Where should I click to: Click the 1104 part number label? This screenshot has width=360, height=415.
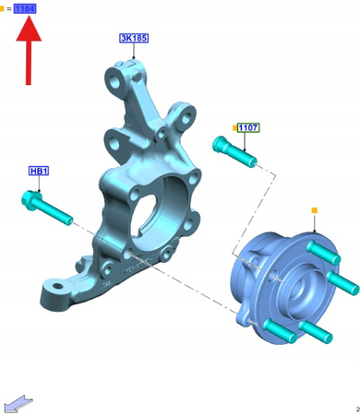point(25,8)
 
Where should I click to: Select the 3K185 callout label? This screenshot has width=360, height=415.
point(134,38)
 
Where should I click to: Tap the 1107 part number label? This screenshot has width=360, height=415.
point(248,127)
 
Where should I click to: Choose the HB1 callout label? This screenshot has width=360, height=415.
point(39,171)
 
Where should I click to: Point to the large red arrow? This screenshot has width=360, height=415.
point(29,50)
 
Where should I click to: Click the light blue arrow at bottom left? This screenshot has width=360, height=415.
point(18,403)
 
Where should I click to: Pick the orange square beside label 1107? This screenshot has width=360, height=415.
point(234,127)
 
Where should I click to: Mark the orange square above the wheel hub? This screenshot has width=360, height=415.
point(314,210)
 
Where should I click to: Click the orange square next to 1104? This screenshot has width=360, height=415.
point(2,9)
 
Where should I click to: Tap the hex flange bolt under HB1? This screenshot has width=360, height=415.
point(47,207)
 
